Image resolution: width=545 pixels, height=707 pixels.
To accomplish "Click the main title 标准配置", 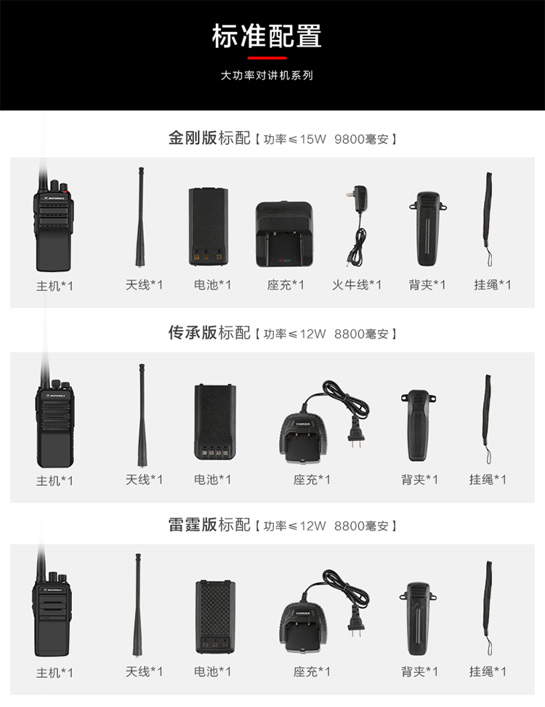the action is (267, 36).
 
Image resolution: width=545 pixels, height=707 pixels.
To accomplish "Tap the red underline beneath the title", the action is (267, 57).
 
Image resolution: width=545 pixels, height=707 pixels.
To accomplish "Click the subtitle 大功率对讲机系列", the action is (267, 76).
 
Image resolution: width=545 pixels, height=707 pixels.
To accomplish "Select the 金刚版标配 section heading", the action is (209, 137).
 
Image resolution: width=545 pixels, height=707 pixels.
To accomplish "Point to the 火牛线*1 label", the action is (357, 284).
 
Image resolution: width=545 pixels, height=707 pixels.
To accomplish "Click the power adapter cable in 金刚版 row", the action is (358, 225).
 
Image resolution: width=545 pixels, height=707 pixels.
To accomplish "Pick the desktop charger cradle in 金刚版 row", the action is (284, 233).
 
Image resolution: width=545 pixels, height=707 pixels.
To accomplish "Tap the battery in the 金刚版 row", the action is (208, 226).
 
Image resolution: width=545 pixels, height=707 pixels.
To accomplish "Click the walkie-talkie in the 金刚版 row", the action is (53, 221).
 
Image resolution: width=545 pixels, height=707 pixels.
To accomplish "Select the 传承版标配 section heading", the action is (209, 332).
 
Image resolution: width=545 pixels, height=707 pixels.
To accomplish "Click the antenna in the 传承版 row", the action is (142, 415).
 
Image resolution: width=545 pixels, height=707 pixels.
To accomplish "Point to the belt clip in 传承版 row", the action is (418, 426).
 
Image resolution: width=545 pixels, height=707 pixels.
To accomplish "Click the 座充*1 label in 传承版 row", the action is (312, 479).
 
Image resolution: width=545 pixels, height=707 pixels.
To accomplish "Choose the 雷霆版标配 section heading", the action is (209, 524).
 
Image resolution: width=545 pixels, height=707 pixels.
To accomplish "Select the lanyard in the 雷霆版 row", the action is (488, 608).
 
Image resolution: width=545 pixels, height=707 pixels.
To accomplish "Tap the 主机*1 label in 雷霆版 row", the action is (54, 673).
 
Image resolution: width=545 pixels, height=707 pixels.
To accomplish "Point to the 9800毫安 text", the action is (361, 139).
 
